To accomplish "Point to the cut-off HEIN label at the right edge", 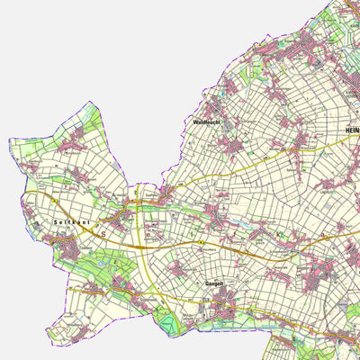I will pos(352,131).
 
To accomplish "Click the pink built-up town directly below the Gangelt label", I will pos(221,309).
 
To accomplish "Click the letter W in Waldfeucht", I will pos(195,121).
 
